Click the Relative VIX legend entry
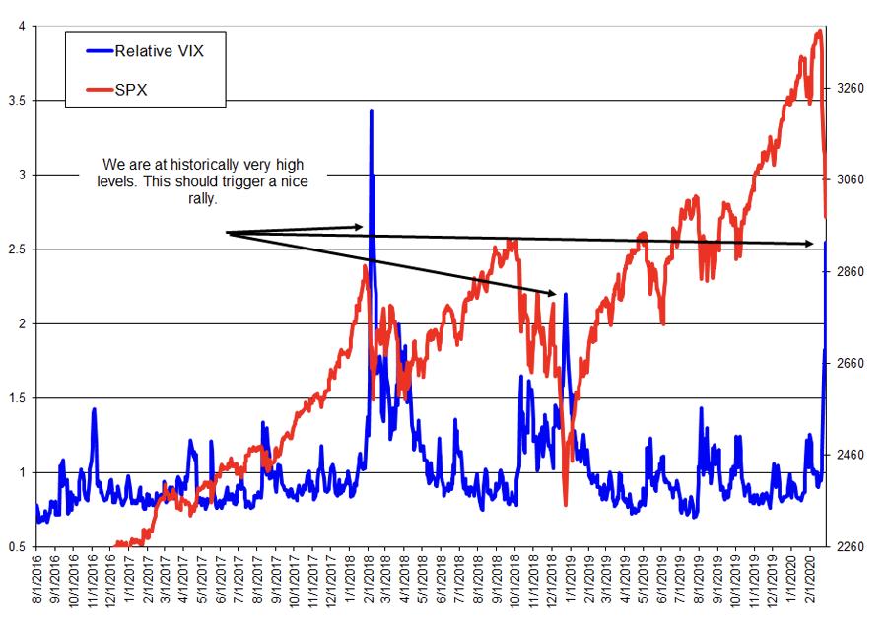coord(159,51)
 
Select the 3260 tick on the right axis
coord(850,88)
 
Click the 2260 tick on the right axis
coord(850,546)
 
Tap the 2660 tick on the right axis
coord(850,363)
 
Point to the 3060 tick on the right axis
coord(850,179)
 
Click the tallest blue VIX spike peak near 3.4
coord(371,111)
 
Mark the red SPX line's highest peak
coord(819,31)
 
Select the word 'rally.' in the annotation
coord(200,197)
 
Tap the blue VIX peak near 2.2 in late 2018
coord(565,293)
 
